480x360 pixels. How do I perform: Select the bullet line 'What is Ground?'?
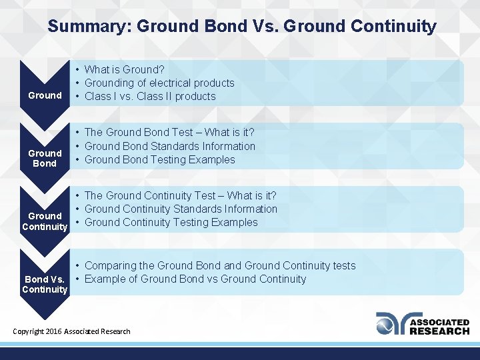coord(125,69)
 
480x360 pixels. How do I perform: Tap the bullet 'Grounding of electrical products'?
coord(159,83)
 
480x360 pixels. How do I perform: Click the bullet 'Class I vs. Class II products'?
coord(150,96)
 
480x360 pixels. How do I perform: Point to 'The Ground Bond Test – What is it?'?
coord(169,133)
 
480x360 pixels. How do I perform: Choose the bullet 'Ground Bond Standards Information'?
coord(169,146)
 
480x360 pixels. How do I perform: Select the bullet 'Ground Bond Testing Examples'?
coord(159,159)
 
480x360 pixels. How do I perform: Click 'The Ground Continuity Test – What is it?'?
coord(180,195)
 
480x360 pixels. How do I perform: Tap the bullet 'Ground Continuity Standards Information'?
coord(181,209)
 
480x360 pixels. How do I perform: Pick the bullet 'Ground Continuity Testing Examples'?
coord(171,222)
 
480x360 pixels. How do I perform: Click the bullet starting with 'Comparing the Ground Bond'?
coord(220,265)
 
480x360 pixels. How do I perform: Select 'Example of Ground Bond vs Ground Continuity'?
coord(195,279)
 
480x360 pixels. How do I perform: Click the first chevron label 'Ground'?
coord(45,95)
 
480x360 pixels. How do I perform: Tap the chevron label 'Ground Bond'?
coord(45,158)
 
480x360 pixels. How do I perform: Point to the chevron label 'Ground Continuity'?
coord(45,221)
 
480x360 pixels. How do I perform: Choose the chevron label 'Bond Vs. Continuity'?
coord(45,284)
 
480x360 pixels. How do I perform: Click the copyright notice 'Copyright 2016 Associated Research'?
coord(72,331)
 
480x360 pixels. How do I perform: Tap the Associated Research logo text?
coord(439,326)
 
